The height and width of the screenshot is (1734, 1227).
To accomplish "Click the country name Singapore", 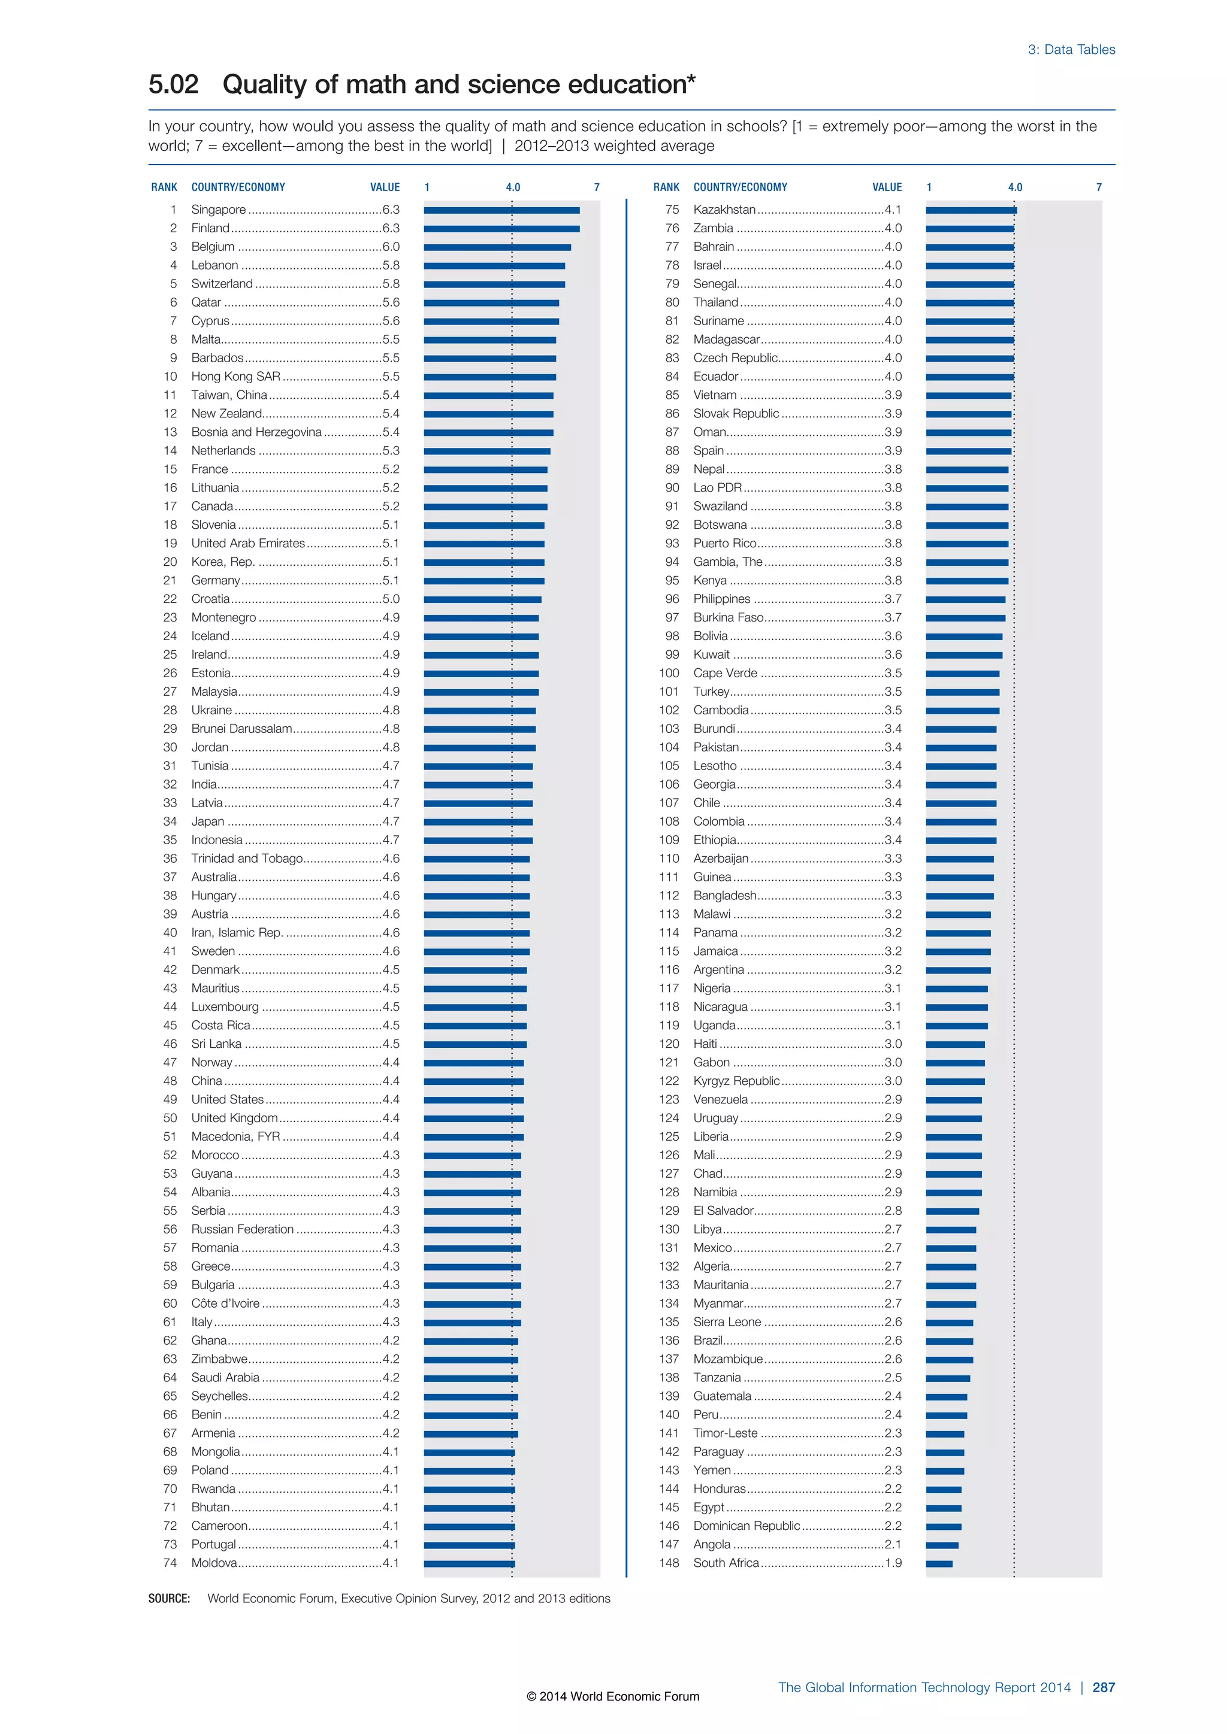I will click(x=218, y=209).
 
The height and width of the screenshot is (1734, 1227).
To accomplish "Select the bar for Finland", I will click(x=501, y=229).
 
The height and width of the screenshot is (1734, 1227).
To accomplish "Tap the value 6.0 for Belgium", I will click(x=391, y=247).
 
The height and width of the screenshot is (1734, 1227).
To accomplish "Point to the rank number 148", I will click(x=669, y=1563).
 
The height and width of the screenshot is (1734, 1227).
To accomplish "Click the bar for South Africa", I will click(x=939, y=1564).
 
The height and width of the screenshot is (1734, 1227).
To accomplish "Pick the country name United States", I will click(x=228, y=1099).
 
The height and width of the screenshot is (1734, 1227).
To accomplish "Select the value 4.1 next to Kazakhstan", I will click(x=893, y=209).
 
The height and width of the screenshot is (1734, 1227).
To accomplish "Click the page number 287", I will click(x=1103, y=1687).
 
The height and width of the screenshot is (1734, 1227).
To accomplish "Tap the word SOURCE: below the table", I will click(x=169, y=1598).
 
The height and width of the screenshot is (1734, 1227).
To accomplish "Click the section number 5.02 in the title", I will click(x=173, y=84).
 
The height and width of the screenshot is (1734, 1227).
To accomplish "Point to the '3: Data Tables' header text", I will click(x=1071, y=50).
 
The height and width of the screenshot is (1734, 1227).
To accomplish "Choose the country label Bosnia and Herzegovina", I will click(x=256, y=432).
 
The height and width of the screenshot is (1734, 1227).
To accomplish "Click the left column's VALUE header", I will click(x=385, y=187).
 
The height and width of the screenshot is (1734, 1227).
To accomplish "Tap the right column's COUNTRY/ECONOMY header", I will click(x=740, y=187).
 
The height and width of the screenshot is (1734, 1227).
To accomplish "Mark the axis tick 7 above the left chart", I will click(x=596, y=187).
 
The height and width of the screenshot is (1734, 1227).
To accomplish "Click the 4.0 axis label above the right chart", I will click(x=1015, y=187).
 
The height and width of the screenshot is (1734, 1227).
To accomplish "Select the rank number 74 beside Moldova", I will click(x=170, y=1563).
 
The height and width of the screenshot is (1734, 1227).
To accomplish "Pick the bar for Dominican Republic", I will click(x=944, y=1527).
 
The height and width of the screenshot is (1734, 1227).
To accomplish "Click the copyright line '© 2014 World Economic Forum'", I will click(x=613, y=1696).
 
